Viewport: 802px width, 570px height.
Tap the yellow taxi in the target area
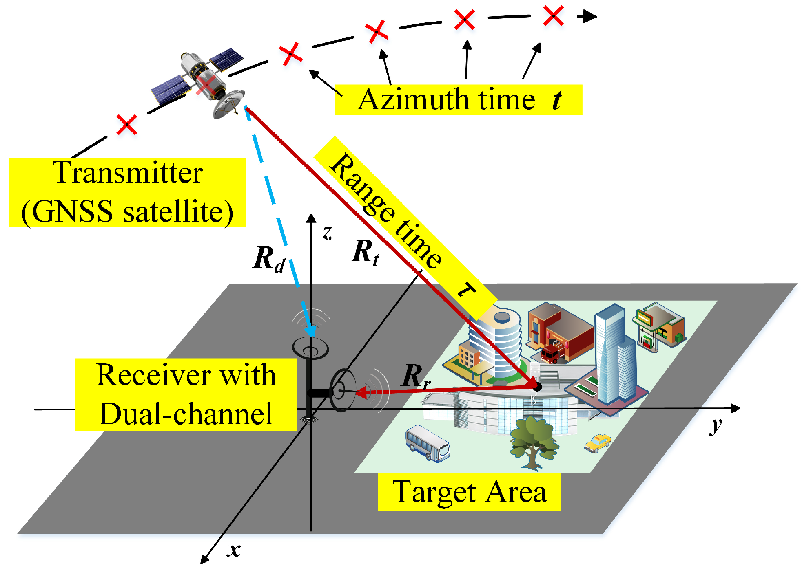point(598,443)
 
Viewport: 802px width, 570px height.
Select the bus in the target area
point(427,443)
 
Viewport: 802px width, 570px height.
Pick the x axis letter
point(234,550)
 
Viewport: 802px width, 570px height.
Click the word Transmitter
point(128,173)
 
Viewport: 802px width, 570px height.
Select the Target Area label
point(469,492)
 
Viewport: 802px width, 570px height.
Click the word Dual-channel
point(186,414)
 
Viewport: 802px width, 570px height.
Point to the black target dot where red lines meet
point(537,387)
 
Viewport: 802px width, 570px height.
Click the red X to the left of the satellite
point(126,125)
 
